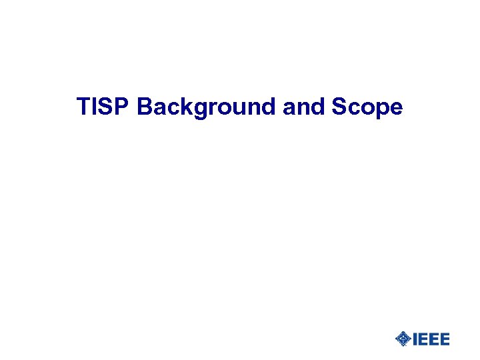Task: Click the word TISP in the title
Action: click(x=104, y=107)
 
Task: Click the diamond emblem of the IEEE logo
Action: click(x=403, y=339)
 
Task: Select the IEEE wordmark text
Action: click(x=431, y=339)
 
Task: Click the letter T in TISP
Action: click(x=83, y=107)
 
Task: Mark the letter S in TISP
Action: click(x=106, y=107)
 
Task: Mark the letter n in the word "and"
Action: click(x=297, y=109)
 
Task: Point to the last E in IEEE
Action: click(x=444, y=339)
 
